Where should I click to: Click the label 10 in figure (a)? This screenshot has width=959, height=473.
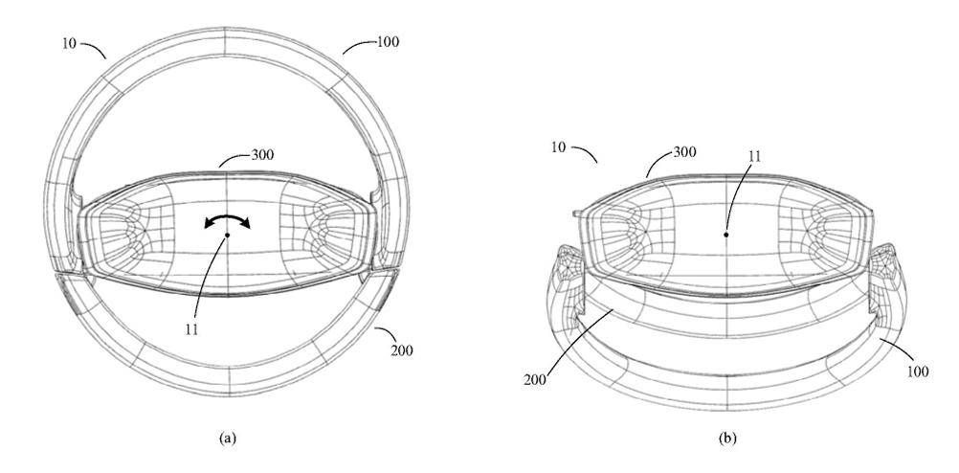pyautogui.click(x=69, y=43)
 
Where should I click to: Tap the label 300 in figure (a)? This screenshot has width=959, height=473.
pyautogui.click(x=261, y=154)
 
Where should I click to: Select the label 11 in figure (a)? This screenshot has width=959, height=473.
pyautogui.click(x=191, y=329)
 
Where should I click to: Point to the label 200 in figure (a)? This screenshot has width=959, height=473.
pyautogui.click(x=402, y=350)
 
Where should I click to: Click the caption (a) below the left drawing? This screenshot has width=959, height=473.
pyautogui.click(x=227, y=438)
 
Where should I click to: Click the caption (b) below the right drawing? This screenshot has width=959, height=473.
pyautogui.click(x=726, y=438)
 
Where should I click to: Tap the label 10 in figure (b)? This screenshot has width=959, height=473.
pyautogui.click(x=558, y=147)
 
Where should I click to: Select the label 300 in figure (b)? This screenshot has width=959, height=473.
pyautogui.click(x=684, y=151)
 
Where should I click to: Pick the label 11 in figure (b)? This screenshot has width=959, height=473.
pyautogui.click(x=755, y=156)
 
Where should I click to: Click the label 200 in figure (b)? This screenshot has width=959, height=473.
pyautogui.click(x=535, y=379)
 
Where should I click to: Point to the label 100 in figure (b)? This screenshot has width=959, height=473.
pyautogui.click(x=918, y=372)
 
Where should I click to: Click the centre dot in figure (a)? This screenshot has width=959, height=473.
pyautogui.click(x=227, y=235)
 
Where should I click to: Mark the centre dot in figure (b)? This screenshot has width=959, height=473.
pyautogui.click(x=726, y=234)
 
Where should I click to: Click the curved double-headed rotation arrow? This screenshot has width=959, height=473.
pyautogui.click(x=227, y=217)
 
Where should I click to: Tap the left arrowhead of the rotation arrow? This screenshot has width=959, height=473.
pyautogui.click(x=209, y=225)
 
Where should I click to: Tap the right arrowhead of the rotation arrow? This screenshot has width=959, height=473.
pyautogui.click(x=245, y=224)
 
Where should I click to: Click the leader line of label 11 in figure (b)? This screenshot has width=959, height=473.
pyautogui.click(x=737, y=198)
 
